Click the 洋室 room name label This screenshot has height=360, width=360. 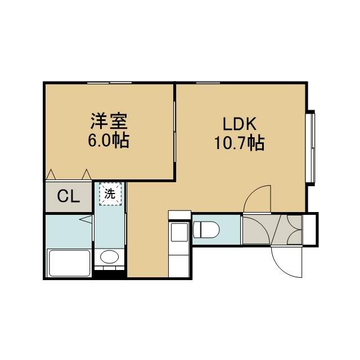(109, 121)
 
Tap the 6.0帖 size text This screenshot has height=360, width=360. (109, 140)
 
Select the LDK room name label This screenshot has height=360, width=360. (240, 124)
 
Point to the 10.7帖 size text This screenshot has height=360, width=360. (240, 143)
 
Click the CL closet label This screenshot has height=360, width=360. (69, 197)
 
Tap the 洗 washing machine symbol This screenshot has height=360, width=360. (110, 194)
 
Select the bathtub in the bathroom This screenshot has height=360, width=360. (69, 263)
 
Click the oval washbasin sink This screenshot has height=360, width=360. (109, 256)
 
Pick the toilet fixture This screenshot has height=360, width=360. (206, 229)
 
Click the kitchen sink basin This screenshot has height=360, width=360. (179, 232)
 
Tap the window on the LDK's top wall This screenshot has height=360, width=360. (208, 83)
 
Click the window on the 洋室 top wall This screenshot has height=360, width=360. (110, 83)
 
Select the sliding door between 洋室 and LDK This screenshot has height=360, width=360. (174, 132)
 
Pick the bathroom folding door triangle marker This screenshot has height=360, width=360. (86, 219)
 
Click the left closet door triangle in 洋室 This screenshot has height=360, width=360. (51, 174)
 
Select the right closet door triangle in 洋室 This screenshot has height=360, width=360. (87, 174)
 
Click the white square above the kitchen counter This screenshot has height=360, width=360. (180, 215)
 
